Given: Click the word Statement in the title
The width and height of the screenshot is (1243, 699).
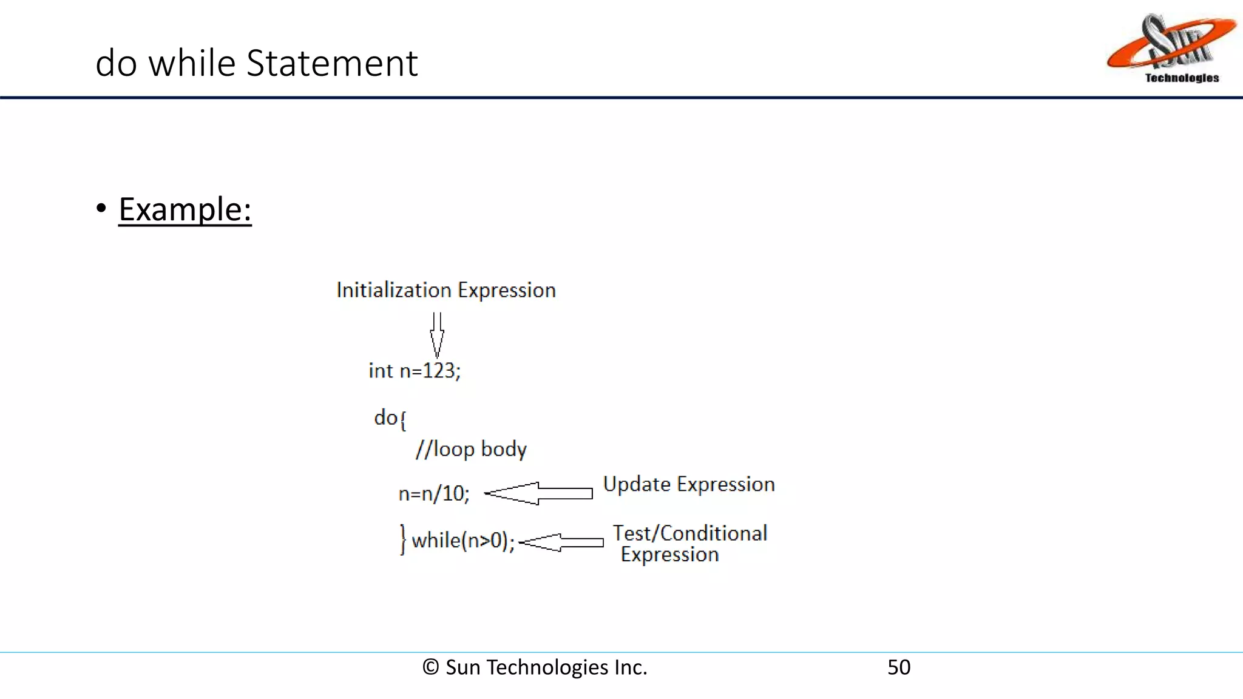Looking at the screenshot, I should (x=332, y=63).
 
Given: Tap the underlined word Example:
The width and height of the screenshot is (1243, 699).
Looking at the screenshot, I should (x=185, y=210).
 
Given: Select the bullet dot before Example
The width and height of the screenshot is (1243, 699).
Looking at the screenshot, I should (x=101, y=208).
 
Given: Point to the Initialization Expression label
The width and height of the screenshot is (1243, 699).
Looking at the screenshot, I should (x=446, y=290).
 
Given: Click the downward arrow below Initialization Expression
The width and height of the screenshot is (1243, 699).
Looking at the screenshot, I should (x=437, y=334).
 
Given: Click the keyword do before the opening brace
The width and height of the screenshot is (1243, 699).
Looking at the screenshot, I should (x=385, y=417).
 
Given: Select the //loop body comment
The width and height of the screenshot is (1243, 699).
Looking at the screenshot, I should (x=471, y=449).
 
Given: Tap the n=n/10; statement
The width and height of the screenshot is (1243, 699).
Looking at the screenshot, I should (x=434, y=493).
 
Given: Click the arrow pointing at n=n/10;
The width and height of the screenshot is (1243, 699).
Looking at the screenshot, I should (x=538, y=493).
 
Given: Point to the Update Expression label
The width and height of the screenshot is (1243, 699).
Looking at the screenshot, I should (x=689, y=484).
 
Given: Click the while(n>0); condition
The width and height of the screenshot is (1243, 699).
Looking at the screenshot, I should (x=463, y=540).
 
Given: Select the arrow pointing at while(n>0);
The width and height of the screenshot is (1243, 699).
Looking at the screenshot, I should (x=561, y=542).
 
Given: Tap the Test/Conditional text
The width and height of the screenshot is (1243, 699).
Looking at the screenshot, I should (x=690, y=533).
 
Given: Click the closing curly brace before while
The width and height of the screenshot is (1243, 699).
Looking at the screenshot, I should (x=402, y=539).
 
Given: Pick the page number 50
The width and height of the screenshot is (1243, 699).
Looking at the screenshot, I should (x=899, y=667).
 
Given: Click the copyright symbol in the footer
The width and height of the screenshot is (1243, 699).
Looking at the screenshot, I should (x=430, y=667).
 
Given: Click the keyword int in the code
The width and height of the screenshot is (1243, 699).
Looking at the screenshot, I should (x=381, y=371).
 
